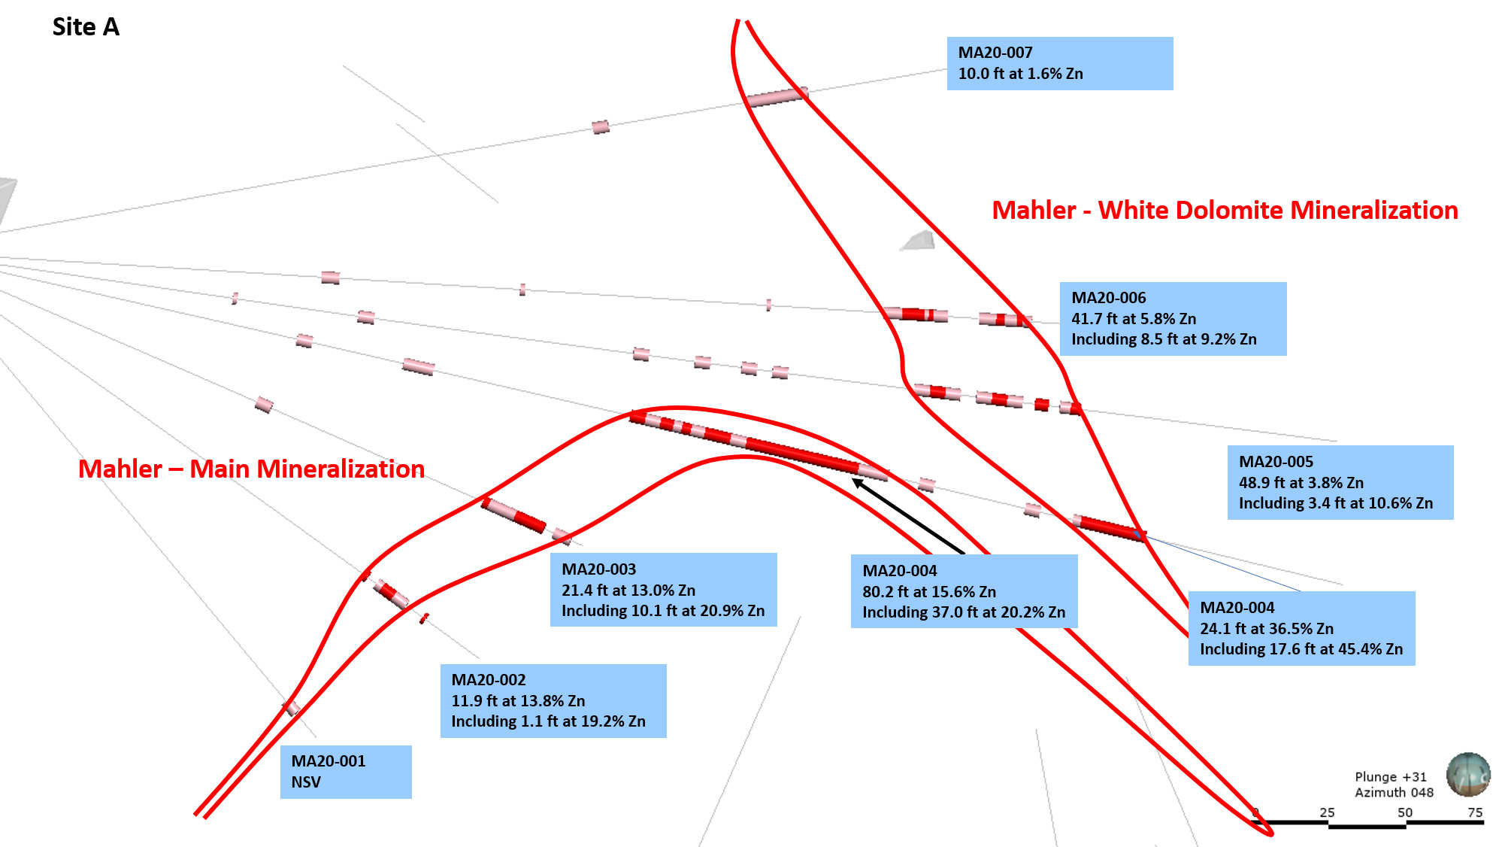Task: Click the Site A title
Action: [86, 27]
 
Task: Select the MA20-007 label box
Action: [1059, 63]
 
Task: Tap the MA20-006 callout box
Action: [1173, 318]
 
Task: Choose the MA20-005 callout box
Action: [1340, 482]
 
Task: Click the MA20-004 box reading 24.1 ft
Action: [1301, 628]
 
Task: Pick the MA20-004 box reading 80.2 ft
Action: [964, 591]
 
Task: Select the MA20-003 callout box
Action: [663, 590]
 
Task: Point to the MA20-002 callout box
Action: [553, 700]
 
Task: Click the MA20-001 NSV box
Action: [346, 772]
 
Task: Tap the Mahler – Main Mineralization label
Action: [251, 469]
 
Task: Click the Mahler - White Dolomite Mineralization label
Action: [1225, 210]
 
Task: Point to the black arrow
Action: [908, 517]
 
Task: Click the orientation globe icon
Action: [1468, 774]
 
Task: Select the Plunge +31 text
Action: [1391, 777]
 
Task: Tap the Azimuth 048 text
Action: [1394, 792]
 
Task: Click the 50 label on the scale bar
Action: [1404, 812]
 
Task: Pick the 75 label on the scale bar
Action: [1475, 812]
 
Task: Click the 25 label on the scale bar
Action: [1327, 812]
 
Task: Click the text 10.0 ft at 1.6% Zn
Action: [1020, 74]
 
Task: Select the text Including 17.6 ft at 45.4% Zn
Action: [1301, 649]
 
